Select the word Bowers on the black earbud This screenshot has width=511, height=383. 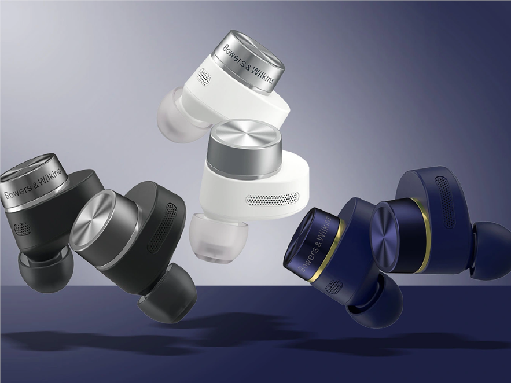pos(17,191)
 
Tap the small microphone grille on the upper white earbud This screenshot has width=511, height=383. pos(204,77)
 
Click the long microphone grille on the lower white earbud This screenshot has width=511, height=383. pos(272,198)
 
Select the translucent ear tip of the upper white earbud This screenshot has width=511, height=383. pos(178,116)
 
